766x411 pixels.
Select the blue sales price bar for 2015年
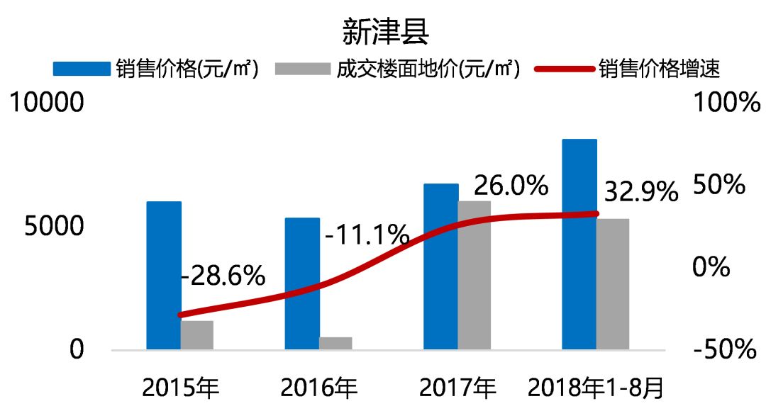tap(164, 276)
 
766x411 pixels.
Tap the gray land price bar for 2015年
tap(197, 335)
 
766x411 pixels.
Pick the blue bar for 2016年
tap(302, 283)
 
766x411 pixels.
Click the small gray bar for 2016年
tap(335, 343)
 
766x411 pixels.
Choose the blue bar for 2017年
tap(441, 266)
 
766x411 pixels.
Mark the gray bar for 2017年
tap(474, 275)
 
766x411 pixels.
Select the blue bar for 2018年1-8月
tap(579, 244)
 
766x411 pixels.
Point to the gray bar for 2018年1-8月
tap(613, 284)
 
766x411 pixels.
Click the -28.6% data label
tap(223, 276)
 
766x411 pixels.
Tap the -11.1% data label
tap(367, 234)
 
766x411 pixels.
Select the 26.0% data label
tap(511, 186)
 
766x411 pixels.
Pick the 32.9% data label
tap(640, 191)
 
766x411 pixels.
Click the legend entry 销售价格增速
tap(660, 69)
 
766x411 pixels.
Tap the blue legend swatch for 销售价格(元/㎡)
tap(82, 69)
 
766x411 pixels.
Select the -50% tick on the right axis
tap(723, 350)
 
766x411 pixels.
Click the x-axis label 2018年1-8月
tap(595, 388)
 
